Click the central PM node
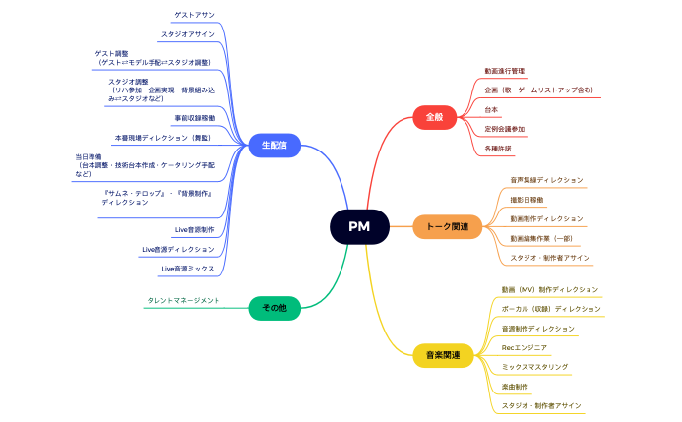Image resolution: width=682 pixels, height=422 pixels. coord(358,226)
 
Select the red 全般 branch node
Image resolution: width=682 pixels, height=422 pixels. coord(434,116)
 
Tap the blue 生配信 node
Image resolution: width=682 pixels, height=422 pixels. coord(274,145)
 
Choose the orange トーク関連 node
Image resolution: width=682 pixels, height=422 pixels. coord(446,227)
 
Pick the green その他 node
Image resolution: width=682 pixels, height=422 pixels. coord(274,308)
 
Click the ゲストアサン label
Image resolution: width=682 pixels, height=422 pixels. coord(194,16)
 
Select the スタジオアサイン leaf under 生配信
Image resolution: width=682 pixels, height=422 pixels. coord(187,34)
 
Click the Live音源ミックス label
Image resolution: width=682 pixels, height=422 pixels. coord(187,268)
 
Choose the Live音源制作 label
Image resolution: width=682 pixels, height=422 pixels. coord(193,229)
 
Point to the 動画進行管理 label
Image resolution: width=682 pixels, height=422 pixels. coord(505,71)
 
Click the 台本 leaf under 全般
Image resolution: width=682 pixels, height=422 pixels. coord(492,109)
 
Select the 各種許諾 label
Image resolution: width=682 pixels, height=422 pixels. coord(499,148)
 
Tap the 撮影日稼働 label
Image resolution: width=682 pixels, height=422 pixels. coord(527,199)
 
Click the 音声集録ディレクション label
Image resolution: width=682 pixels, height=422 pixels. coord(546,180)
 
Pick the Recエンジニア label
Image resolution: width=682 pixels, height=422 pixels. coord(525,347)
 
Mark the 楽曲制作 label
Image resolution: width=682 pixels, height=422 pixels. coord(515,386)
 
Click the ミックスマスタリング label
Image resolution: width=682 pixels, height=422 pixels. coord(534,366)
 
